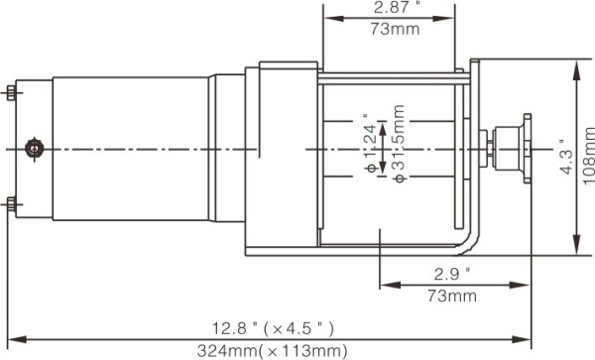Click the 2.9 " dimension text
(451, 273)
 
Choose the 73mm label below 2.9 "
(451, 296)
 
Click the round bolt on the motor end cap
(37, 148)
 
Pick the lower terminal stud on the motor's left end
(10, 204)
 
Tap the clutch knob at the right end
(518, 148)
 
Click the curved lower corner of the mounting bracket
(470, 245)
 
